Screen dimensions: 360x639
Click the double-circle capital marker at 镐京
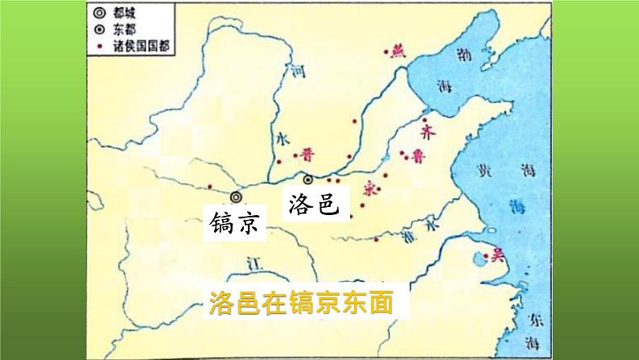pyautogui.click(x=236, y=197)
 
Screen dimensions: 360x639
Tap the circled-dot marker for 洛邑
pyautogui.click(x=308, y=179)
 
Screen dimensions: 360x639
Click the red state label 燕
pyautogui.click(x=396, y=52)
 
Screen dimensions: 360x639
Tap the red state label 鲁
pyautogui.click(x=417, y=156)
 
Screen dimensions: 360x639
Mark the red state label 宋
pyautogui.click(x=370, y=189)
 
